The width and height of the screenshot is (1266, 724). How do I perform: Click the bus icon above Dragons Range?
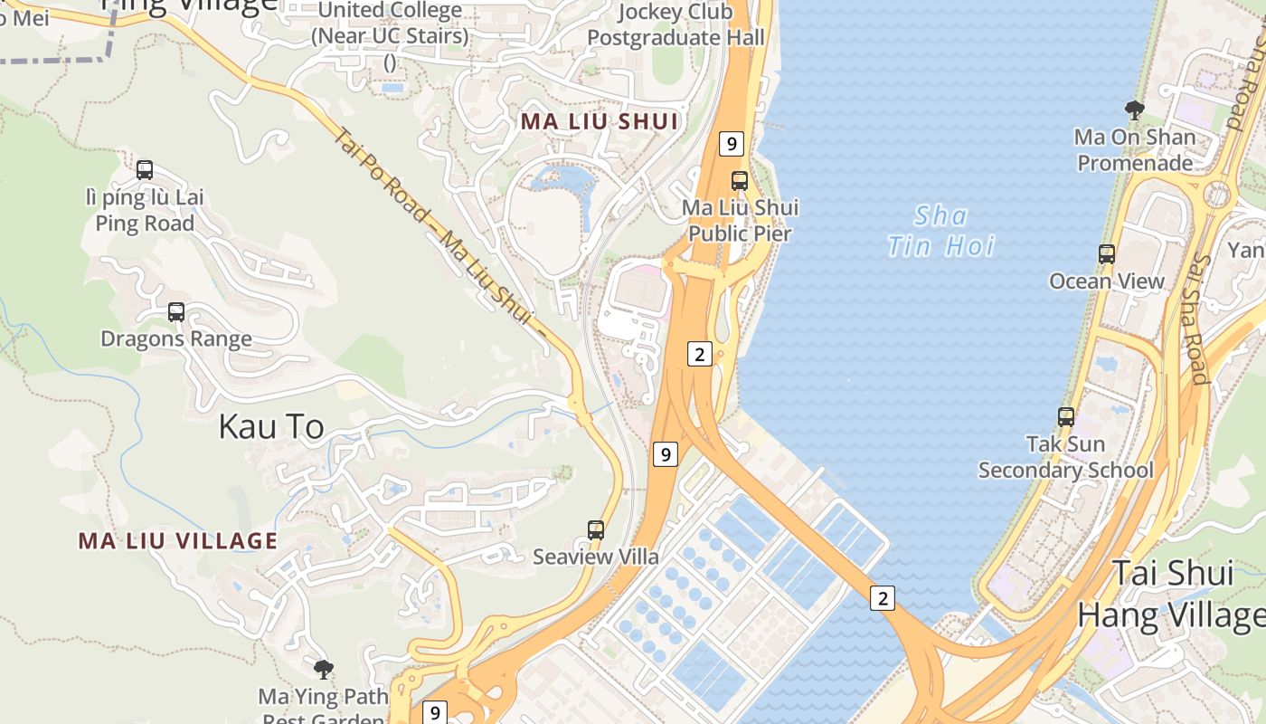[176, 312]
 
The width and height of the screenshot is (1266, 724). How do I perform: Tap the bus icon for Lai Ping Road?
[145, 169]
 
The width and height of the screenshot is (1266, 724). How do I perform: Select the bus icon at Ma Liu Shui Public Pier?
[740, 181]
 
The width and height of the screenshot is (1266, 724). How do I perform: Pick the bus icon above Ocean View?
[1107, 254]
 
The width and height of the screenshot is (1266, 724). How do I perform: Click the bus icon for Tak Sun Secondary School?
[1066, 417]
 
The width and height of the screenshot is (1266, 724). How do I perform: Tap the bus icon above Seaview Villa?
[596, 530]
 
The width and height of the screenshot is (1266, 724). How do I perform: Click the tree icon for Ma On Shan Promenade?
[1134, 110]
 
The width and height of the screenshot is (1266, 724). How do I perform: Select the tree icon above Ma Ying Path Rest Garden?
[323, 670]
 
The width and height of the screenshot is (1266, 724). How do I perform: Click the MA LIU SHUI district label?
[599, 121]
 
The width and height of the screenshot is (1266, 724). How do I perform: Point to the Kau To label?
[271, 427]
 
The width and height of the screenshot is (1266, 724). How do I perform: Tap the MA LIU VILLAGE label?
[178, 541]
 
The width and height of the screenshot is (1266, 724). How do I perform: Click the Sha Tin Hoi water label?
[941, 231]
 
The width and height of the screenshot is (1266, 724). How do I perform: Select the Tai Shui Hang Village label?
[1171, 595]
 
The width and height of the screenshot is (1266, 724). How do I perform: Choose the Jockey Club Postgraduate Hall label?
[676, 24]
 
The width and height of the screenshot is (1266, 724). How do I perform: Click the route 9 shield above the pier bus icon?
[731, 143]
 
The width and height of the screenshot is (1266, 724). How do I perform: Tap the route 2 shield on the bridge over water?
[883, 597]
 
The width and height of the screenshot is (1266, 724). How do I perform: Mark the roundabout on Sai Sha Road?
[1219, 194]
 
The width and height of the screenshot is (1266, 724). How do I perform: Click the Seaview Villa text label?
[596, 557]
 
